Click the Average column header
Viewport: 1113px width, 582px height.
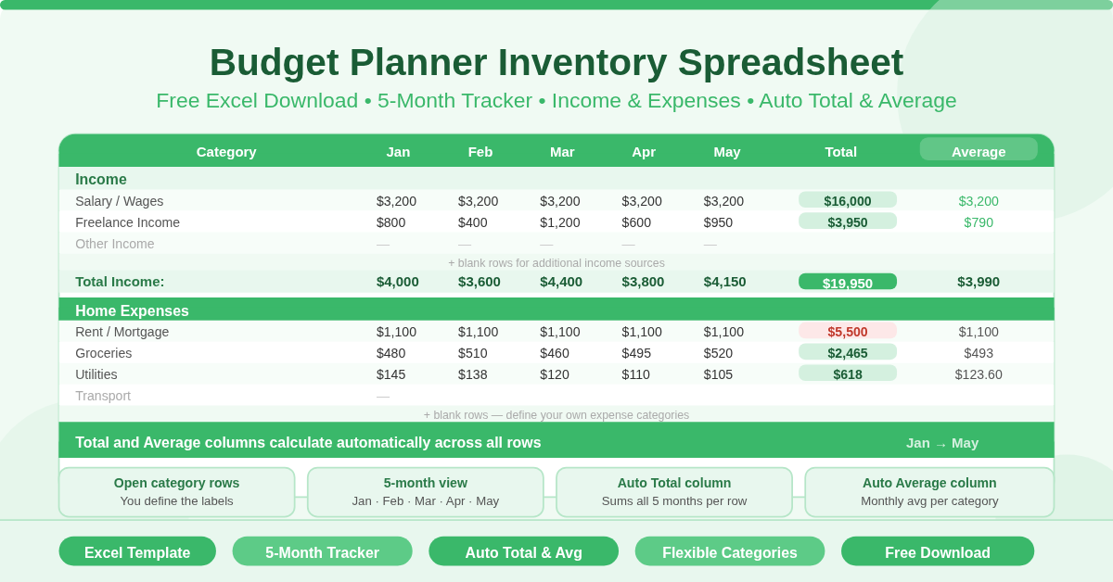coord(978,151)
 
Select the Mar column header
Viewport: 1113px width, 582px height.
coord(562,151)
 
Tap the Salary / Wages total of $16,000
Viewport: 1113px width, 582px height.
coord(847,201)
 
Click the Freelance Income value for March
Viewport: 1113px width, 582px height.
coord(559,222)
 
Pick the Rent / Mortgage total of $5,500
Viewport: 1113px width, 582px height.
coord(847,332)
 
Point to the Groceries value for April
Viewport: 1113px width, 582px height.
coord(642,353)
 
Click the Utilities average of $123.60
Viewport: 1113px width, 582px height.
coord(978,374)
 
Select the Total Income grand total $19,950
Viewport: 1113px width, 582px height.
coord(847,283)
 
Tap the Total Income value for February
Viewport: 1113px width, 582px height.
coord(479,282)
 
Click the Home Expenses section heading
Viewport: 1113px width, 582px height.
coord(132,311)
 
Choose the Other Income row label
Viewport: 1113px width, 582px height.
coord(115,244)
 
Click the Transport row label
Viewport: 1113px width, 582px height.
coord(103,396)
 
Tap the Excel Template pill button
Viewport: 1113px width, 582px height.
coord(137,552)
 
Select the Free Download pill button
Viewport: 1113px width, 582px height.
coord(937,552)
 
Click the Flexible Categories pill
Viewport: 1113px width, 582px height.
coord(729,552)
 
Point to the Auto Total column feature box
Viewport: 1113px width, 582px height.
coord(674,492)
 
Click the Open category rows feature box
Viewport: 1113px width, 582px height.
coord(176,492)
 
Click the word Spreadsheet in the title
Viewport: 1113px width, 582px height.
coord(790,62)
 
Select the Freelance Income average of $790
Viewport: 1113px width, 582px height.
coord(978,222)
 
